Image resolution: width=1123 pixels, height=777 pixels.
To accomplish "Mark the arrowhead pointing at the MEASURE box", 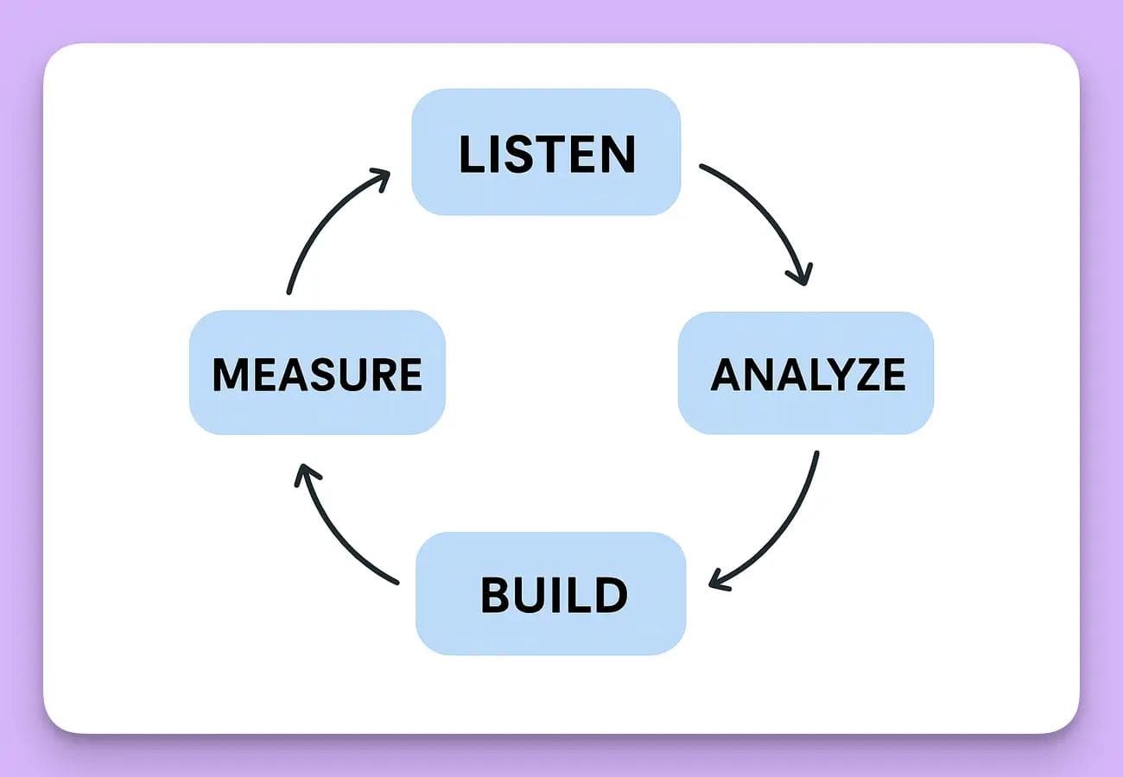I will coord(304,472).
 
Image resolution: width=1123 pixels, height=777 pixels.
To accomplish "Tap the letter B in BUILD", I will coord(496,595).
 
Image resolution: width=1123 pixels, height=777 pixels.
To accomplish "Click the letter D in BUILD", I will coord(611,595).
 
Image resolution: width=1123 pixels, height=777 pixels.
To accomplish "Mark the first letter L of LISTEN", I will coord(472,154).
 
